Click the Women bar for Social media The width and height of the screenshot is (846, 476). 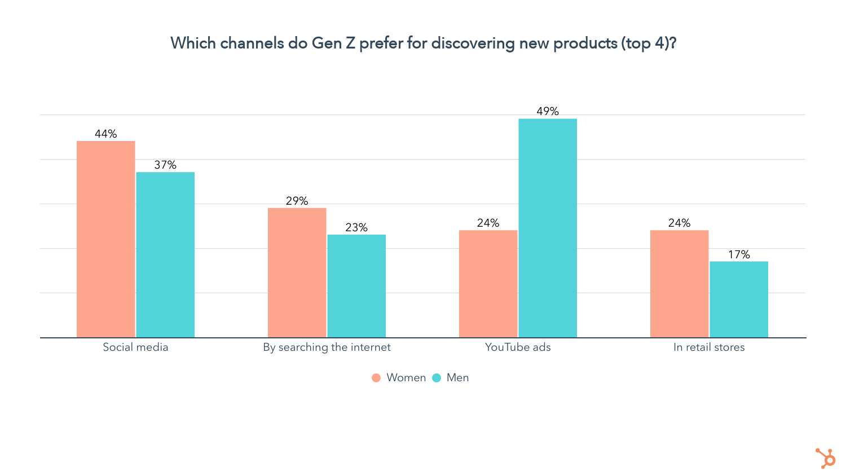coord(106,239)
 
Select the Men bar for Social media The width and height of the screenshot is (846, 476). coord(165,255)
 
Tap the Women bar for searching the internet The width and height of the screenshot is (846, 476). coord(297,273)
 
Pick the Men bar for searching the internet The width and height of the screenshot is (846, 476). coord(356,286)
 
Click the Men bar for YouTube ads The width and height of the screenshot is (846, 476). coord(548,228)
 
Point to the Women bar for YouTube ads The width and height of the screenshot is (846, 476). coord(488,284)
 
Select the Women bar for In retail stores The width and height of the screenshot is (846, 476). coord(679,284)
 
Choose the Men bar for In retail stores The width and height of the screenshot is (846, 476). coord(739,299)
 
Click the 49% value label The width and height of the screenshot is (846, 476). coord(548,111)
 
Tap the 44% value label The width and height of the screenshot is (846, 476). coord(106,134)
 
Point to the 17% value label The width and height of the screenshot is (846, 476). coord(739,254)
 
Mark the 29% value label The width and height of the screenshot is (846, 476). coord(297,201)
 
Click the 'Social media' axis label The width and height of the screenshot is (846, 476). coord(135,347)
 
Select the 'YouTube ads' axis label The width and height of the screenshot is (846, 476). coord(518,347)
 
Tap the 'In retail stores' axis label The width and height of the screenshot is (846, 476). coord(709,347)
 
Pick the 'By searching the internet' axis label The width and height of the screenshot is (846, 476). coord(327,347)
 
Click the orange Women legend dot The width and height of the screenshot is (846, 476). coord(376,378)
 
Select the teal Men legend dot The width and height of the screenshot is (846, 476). coord(437,378)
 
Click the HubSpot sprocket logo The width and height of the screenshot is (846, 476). coord(825,458)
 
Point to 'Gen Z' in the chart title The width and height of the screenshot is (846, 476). coord(333,43)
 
